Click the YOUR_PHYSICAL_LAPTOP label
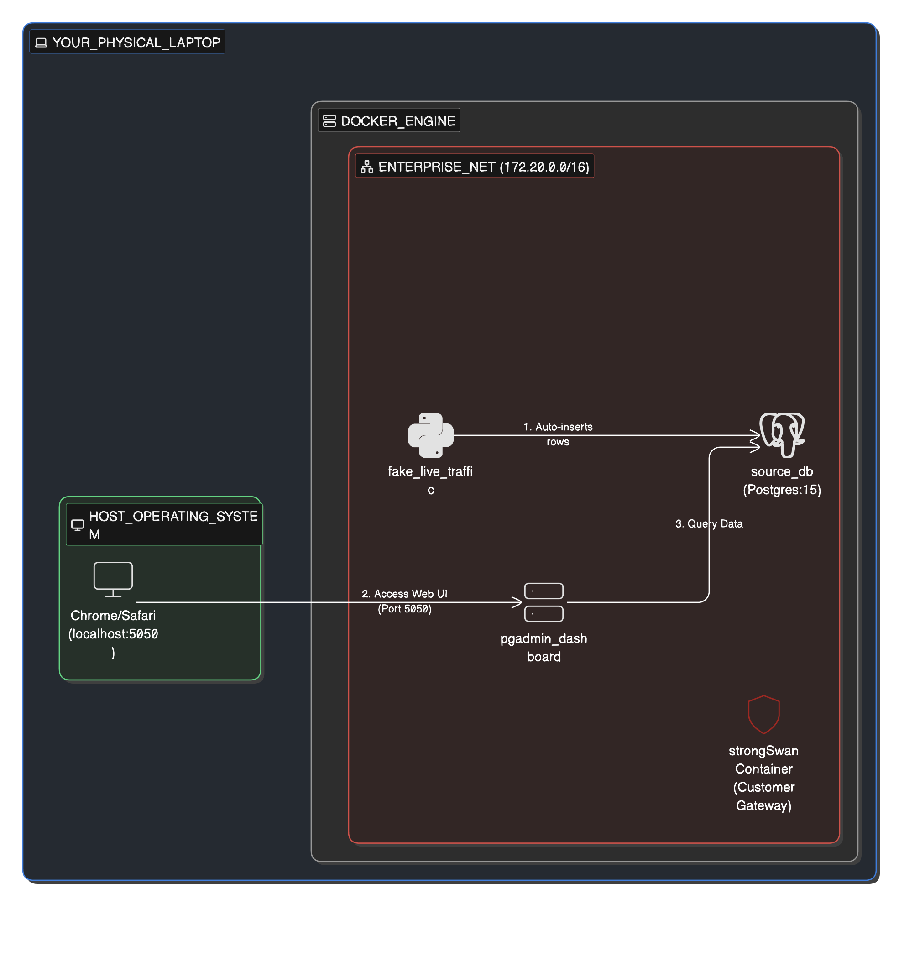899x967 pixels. point(136,42)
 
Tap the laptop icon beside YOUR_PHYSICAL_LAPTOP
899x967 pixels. point(42,43)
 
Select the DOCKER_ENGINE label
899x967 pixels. point(398,120)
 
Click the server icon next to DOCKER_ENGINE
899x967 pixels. point(329,120)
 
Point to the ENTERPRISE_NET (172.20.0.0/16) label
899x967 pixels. point(484,167)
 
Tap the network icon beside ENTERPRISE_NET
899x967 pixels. point(367,167)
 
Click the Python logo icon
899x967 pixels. point(430,435)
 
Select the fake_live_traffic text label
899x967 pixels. point(430,480)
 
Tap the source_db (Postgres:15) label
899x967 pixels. point(782,480)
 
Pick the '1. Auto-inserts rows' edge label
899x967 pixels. point(558,434)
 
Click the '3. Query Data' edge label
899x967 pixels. point(709,523)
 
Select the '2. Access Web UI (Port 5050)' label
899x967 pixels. point(404,601)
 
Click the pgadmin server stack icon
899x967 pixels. point(544,602)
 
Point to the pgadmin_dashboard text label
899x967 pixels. point(544,647)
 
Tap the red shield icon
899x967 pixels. point(764,714)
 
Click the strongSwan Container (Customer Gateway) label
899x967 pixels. point(764,777)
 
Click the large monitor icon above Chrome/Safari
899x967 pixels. point(113,579)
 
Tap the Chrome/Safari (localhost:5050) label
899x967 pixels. point(113,633)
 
